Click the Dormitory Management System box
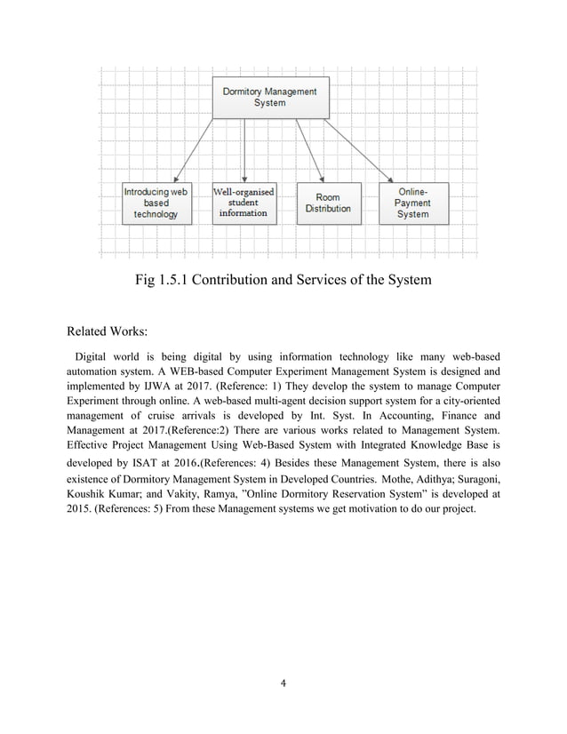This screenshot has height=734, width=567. click(269, 97)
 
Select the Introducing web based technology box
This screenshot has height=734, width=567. click(156, 203)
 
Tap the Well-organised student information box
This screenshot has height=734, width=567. click(243, 202)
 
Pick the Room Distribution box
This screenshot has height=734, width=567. click(328, 203)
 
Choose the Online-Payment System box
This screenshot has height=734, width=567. click(413, 203)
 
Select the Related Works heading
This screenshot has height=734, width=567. click(107, 333)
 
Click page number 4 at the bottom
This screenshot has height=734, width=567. click(282, 683)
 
